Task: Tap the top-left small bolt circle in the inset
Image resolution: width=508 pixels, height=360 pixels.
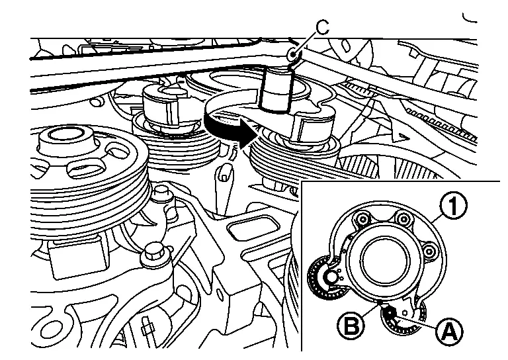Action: tap(362, 218)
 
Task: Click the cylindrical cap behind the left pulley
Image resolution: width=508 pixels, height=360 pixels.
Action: tap(163, 103)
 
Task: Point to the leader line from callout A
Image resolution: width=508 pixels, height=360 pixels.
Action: tap(417, 320)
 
